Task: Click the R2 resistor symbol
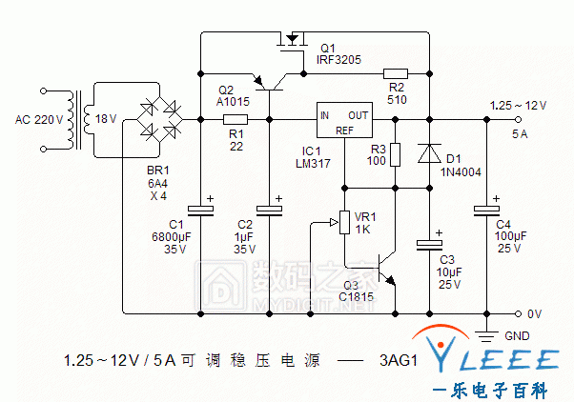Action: [396, 74]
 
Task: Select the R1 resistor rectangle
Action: [236, 120]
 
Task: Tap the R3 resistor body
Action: [395, 154]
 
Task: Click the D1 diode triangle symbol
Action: [429, 153]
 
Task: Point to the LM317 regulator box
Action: [344, 120]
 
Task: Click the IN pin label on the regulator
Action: [324, 116]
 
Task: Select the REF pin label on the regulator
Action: [344, 131]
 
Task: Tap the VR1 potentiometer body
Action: [344, 222]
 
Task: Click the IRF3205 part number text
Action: [338, 60]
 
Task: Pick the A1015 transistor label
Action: [233, 101]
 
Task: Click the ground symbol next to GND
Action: [486, 335]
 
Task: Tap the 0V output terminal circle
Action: [518, 313]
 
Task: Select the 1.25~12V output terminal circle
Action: [518, 120]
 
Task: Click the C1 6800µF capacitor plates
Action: [200, 211]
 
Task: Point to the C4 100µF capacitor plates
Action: [486, 211]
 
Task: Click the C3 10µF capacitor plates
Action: [429, 245]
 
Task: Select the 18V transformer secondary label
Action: [106, 119]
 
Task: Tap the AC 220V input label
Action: [39, 120]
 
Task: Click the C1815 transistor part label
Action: [357, 296]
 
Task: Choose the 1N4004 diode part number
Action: [461, 171]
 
